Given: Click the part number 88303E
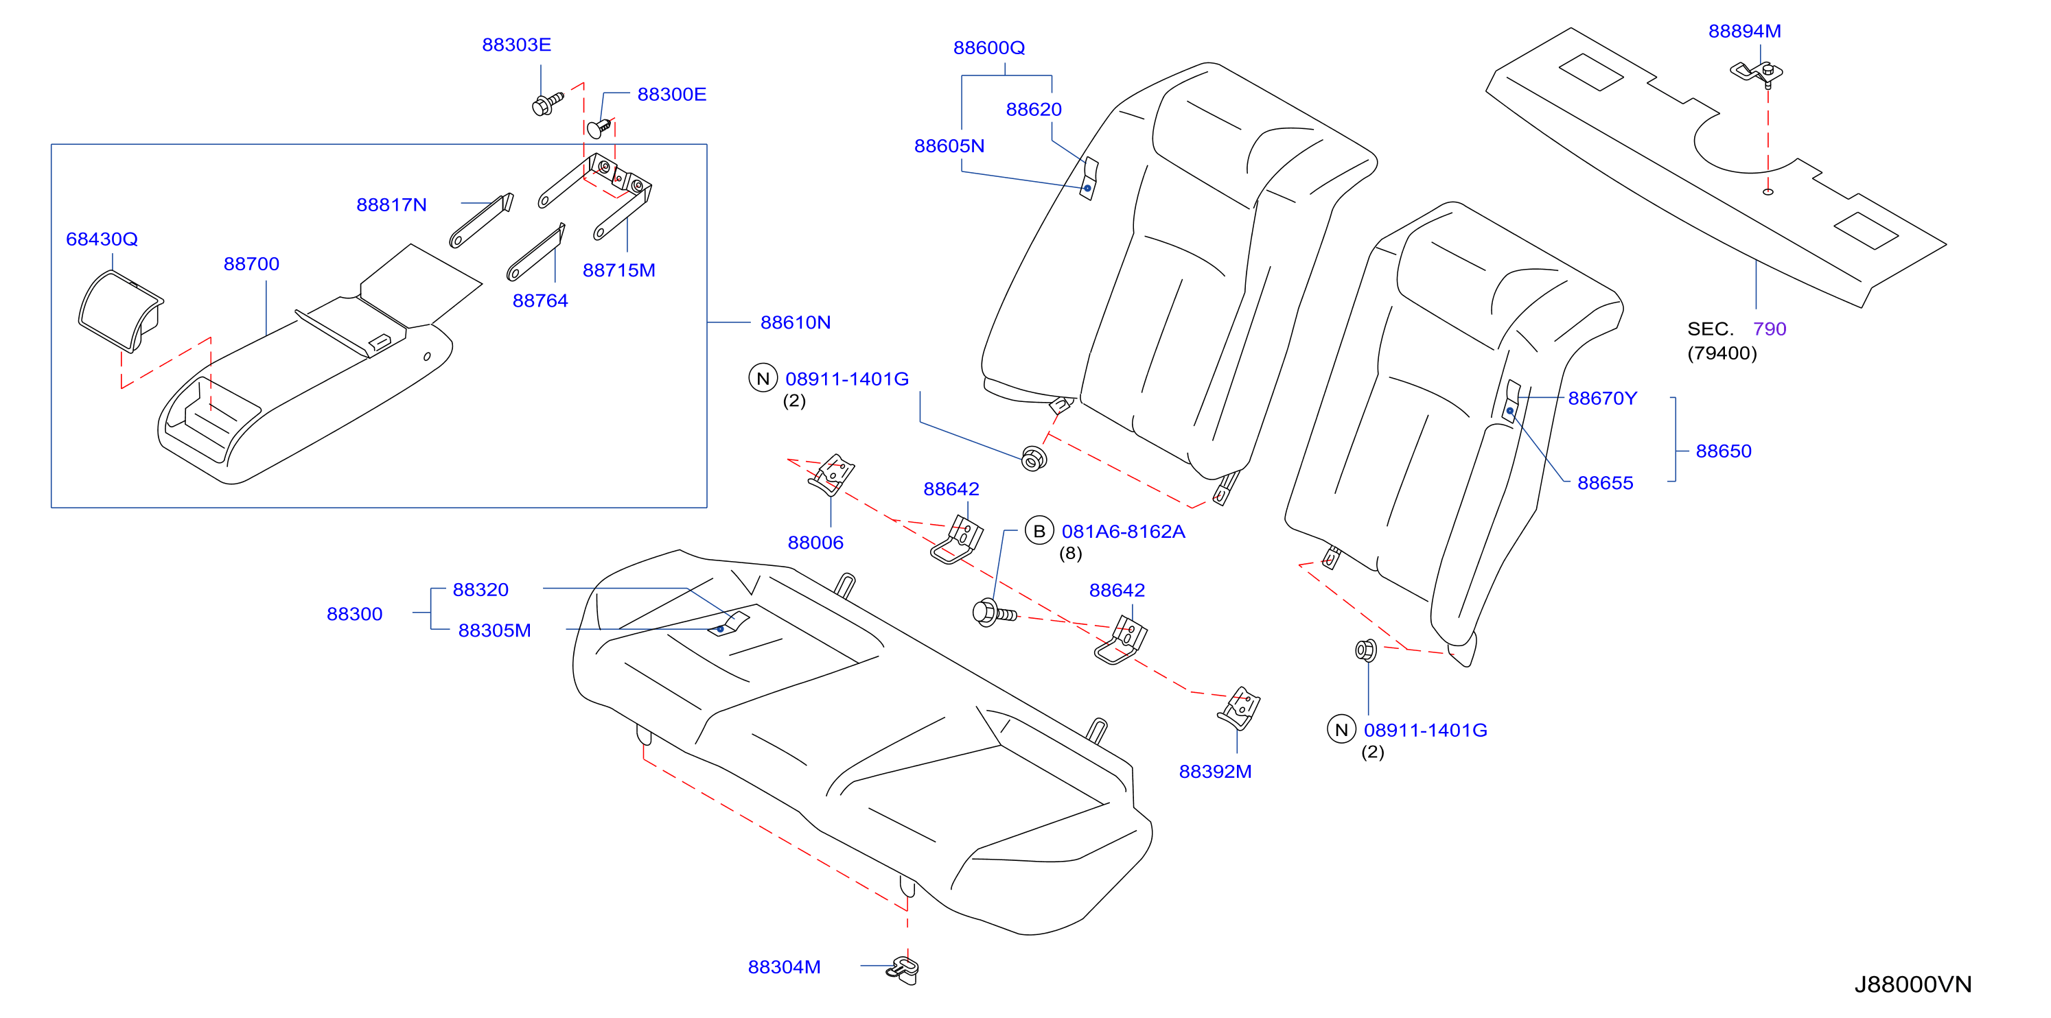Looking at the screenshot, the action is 516,45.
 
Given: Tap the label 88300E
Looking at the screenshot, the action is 671,94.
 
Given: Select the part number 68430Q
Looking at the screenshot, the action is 102,239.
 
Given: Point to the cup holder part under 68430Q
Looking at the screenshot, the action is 120,311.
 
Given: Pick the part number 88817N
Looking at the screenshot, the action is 391,204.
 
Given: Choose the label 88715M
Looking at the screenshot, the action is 618,270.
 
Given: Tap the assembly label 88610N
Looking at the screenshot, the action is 795,322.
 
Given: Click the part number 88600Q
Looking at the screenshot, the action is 989,48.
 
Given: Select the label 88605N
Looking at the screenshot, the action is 949,145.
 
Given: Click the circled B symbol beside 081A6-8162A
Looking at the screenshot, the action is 1039,531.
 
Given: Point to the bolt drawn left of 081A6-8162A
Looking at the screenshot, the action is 995,613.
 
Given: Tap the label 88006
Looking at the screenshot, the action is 815,542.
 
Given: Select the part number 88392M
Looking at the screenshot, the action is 1215,771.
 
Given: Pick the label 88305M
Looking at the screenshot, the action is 494,630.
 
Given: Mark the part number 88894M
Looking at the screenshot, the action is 1744,31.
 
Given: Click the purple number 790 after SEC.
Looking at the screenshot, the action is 1769,329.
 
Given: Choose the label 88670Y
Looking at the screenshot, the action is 1602,398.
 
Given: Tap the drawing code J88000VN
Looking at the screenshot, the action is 1912,984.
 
